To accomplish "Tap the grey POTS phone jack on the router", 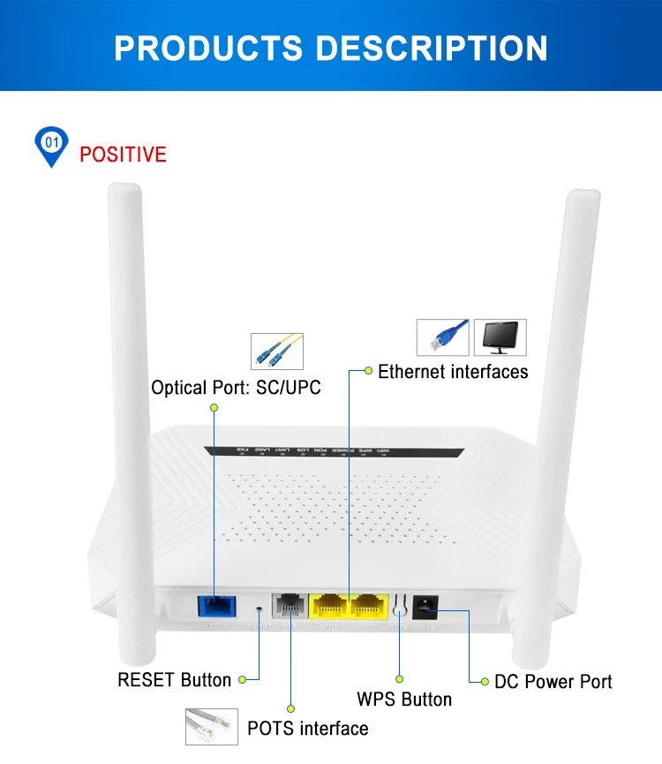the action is tap(290, 606).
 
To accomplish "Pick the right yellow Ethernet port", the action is tap(371, 606).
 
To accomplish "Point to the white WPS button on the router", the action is tap(400, 607).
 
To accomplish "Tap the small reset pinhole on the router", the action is tap(260, 609).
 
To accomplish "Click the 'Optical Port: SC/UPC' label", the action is tap(236, 388).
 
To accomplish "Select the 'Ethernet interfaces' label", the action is tap(453, 371).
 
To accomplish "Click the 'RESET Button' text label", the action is tap(174, 680).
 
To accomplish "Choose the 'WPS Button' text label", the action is tap(404, 700).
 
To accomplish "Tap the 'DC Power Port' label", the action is tap(553, 682).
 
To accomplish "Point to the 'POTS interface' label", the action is tap(307, 729).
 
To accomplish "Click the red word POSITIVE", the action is tap(123, 155).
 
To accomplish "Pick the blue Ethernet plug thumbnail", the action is tap(443, 337).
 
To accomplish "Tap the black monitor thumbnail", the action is tap(500, 337).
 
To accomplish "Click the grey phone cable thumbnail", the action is tap(211, 727).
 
